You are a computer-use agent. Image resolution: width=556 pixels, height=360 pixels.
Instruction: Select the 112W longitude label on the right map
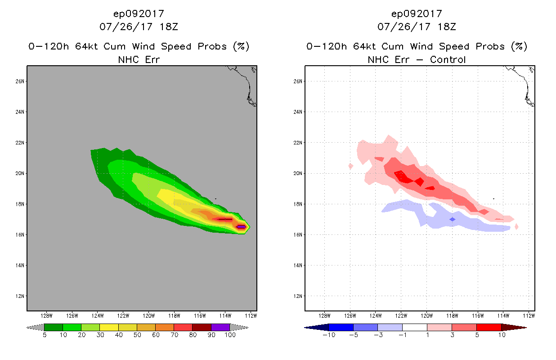coord(529,315)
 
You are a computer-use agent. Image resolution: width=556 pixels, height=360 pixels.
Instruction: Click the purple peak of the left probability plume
coord(242,227)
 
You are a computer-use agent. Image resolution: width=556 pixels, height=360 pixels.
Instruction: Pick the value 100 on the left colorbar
coord(230,335)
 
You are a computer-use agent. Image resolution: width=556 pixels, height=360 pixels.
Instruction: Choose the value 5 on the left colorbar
coord(45,335)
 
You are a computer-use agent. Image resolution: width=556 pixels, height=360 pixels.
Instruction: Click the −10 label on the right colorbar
coord(328,335)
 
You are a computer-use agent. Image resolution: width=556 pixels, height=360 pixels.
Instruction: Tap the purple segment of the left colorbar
coord(220,327)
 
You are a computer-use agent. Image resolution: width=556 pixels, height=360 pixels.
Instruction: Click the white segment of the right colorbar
coord(414,327)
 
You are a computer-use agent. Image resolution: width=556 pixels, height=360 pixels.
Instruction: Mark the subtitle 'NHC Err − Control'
coord(417,59)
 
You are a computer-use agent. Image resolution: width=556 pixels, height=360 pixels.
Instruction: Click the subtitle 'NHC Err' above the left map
coord(139,59)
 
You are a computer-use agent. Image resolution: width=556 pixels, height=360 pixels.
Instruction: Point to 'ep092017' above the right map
coord(417,13)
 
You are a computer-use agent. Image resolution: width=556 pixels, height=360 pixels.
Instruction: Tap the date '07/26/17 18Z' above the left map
coord(139,27)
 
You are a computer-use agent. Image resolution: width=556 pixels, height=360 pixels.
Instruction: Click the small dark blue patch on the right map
coord(453,219)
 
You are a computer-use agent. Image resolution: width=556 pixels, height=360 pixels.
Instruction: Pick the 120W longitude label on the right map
coord(427,315)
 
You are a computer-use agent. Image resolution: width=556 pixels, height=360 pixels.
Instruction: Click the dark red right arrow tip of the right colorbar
coord(520,327)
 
